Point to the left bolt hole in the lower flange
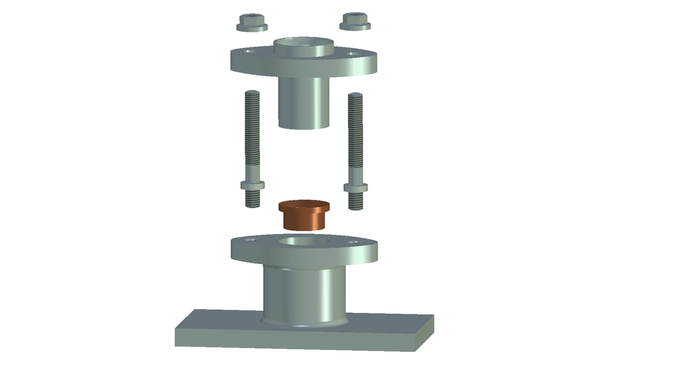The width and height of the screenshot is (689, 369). click(250, 240)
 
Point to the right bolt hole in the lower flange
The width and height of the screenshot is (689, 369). click(352, 242)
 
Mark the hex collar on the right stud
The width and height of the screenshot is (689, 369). click(355, 188)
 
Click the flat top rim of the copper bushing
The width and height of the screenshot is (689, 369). click(303, 205)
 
